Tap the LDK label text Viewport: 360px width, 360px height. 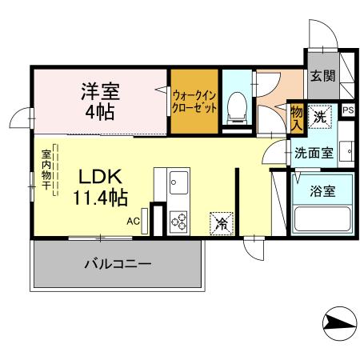click(x=98, y=177)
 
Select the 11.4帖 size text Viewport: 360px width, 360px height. click(x=101, y=196)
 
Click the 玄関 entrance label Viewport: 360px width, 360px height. click(x=322, y=77)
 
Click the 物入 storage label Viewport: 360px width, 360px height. click(x=297, y=117)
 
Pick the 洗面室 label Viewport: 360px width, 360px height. click(x=313, y=152)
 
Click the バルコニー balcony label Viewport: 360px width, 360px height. click(x=118, y=264)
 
